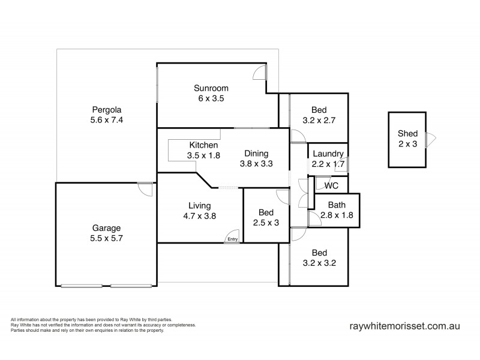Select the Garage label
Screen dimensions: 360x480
pyautogui.click(x=106, y=228)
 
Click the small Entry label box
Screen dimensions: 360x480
pyautogui.click(x=233, y=239)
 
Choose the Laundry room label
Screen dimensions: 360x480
pyautogui.click(x=328, y=153)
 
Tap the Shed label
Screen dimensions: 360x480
pyautogui.click(x=407, y=134)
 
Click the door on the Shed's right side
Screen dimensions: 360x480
pyautogui.click(x=430, y=140)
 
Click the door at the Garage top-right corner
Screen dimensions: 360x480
pyautogui.click(x=145, y=188)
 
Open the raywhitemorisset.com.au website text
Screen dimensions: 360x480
pyautogui.click(x=404, y=327)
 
